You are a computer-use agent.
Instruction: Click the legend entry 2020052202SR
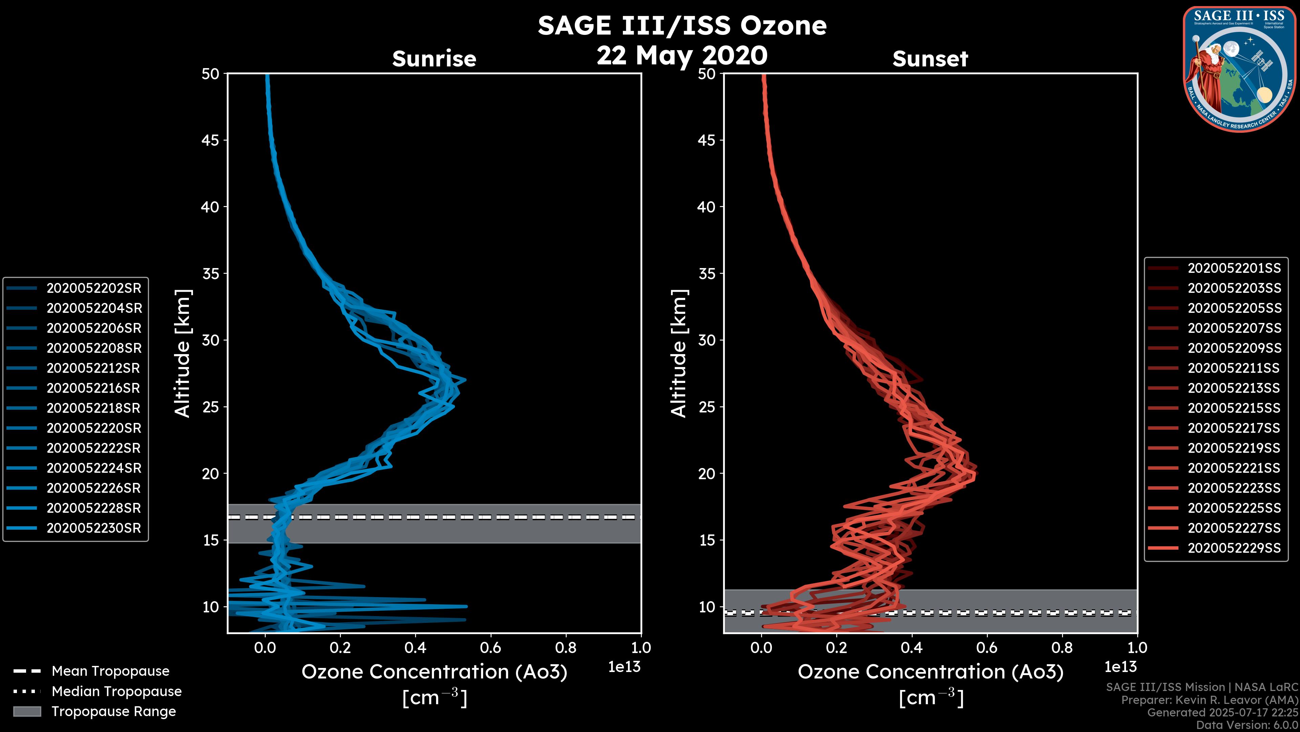[94, 288]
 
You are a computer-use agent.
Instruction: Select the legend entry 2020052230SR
[94, 528]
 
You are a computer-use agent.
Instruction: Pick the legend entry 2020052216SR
[94, 388]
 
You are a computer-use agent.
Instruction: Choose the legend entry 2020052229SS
[1234, 548]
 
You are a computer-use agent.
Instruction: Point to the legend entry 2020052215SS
[1234, 408]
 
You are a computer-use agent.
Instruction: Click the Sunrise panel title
[434, 59]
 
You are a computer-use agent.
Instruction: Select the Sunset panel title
[930, 59]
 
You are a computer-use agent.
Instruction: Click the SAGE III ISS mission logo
[1239, 69]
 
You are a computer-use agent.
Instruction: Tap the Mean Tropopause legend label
[110, 671]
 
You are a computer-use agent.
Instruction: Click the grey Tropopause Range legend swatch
[27, 712]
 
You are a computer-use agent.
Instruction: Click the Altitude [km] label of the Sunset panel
[679, 353]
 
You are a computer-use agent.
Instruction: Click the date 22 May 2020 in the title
[682, 56]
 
